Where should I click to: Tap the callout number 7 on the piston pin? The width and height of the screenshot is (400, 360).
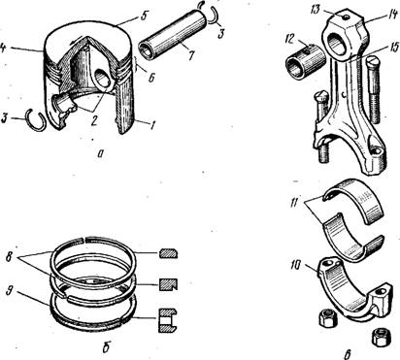190,55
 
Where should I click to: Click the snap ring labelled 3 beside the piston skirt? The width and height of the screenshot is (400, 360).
35,119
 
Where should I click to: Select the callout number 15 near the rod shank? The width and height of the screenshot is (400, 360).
392,48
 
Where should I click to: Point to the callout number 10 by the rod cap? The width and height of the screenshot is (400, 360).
295,265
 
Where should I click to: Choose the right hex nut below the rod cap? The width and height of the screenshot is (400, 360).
382,337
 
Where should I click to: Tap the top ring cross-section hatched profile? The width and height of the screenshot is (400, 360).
169,253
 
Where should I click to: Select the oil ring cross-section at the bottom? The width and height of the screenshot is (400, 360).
168,320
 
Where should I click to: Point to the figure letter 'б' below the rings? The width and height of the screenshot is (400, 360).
105,347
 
